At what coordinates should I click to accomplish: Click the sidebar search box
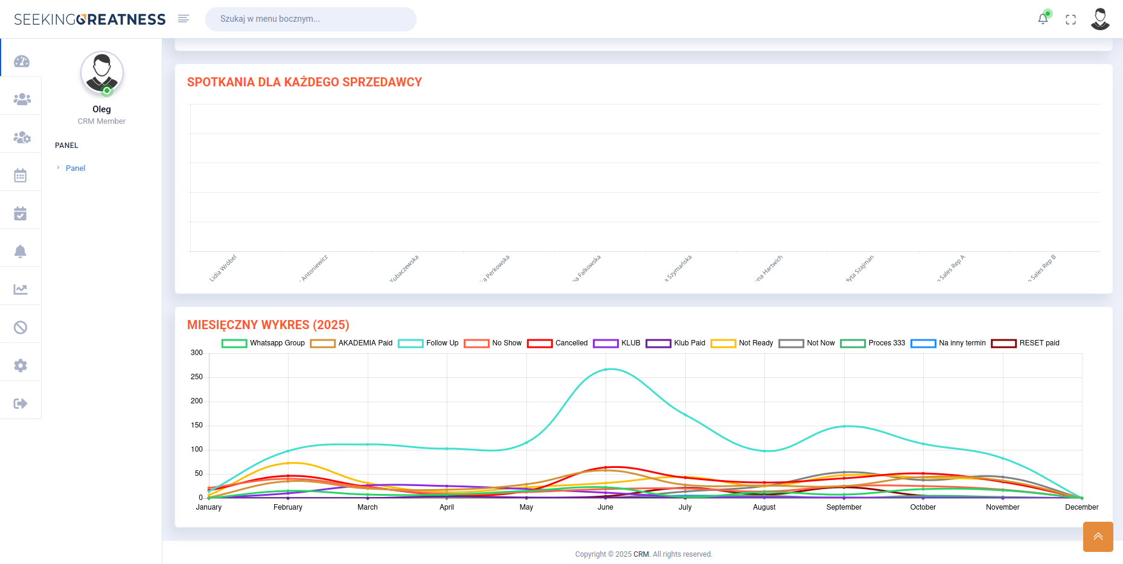[310, 19]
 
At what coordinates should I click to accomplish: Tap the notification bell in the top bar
[1043, 19]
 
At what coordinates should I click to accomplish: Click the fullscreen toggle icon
[1070, 19]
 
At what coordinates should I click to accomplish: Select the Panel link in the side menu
[75, 168]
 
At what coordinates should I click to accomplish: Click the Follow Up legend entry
[429, 343]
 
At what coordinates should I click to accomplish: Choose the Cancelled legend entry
[557, 343]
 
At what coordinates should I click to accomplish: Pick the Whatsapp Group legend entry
[263, 343]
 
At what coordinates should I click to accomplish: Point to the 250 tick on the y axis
[197, 377]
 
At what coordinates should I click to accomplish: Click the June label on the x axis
[606, 507]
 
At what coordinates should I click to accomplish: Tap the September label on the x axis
[843, 507]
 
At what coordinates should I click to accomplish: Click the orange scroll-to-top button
[1098, 536]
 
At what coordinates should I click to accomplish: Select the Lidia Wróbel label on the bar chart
[223, 268]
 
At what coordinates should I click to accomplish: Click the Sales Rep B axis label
[1042, 268]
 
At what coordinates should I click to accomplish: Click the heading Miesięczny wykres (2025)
[268, 325]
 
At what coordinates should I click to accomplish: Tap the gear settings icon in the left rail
[21, 365]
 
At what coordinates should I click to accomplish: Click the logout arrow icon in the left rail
[21, 403]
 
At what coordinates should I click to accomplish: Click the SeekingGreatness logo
[89, 19]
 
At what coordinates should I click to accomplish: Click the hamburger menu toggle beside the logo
[184, 19]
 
